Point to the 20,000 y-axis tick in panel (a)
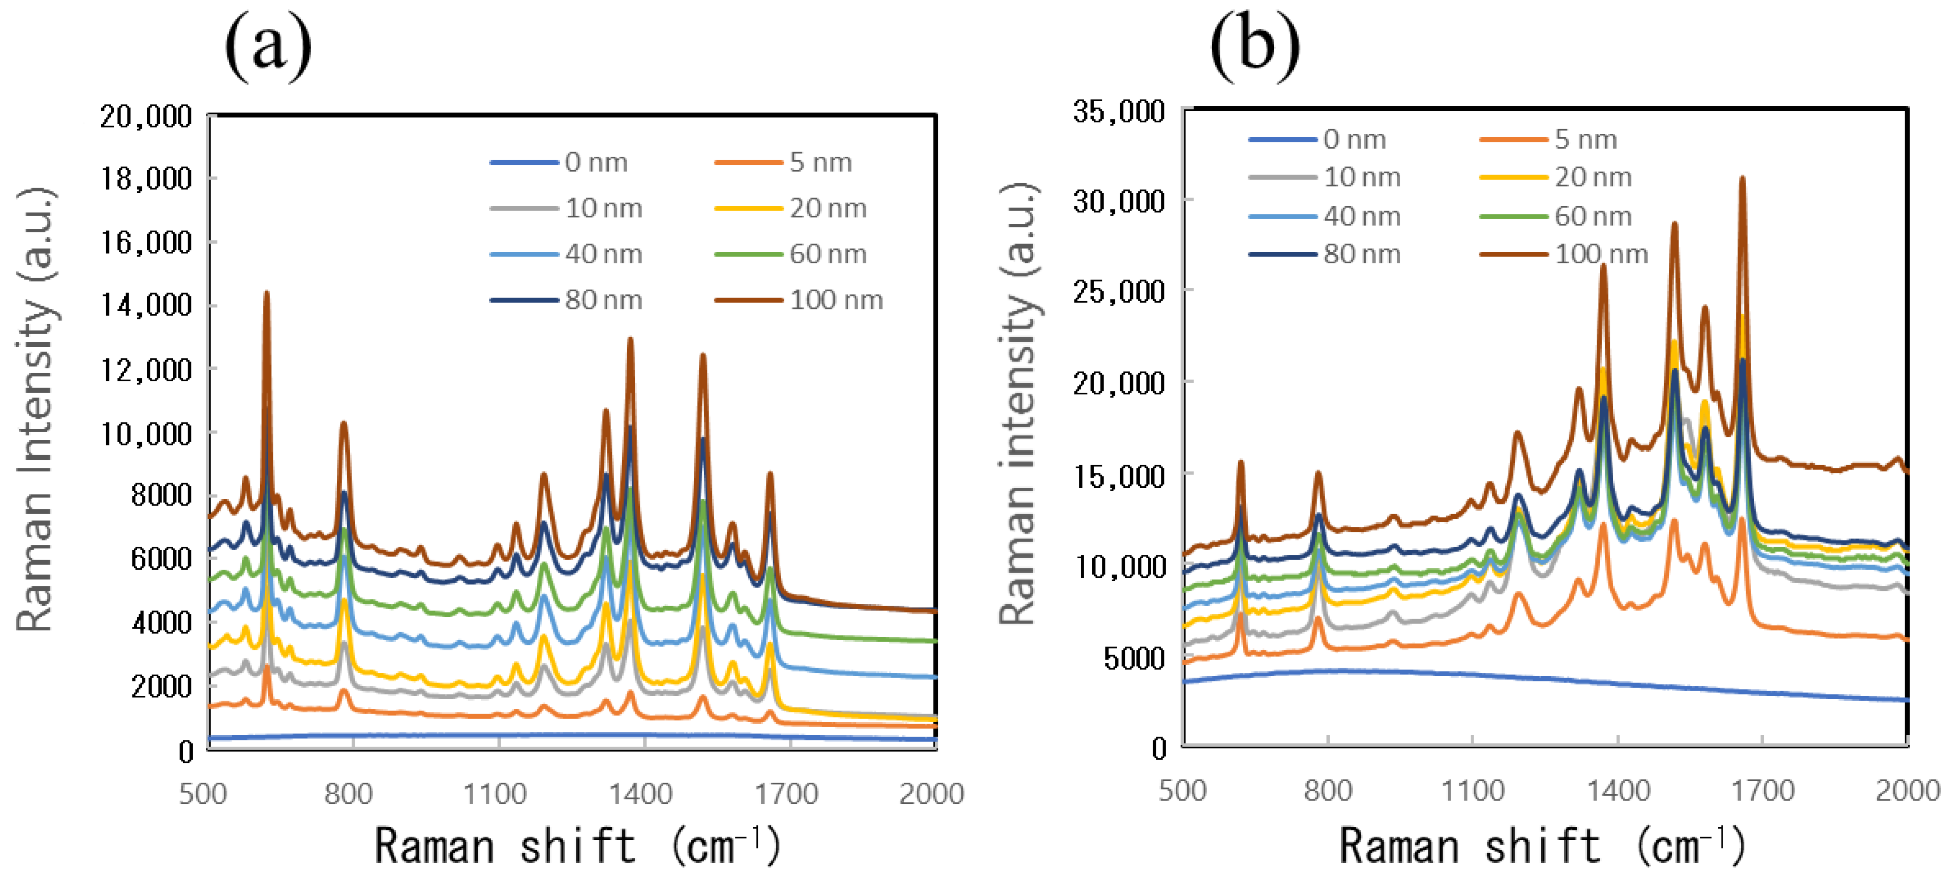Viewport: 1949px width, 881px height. click(146, 117)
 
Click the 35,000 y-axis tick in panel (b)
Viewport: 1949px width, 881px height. click(1118, 111)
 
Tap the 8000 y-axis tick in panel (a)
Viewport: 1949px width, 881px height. click(161, 495)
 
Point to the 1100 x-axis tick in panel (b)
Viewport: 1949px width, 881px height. click(1472, 790)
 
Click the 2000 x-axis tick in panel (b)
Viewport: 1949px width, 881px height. click(1907, 790)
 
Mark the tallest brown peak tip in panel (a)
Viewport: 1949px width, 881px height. click(266, 293)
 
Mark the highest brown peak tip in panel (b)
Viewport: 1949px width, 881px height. click(1742, 178)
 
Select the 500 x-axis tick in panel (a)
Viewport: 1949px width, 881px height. click(203, 794)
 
